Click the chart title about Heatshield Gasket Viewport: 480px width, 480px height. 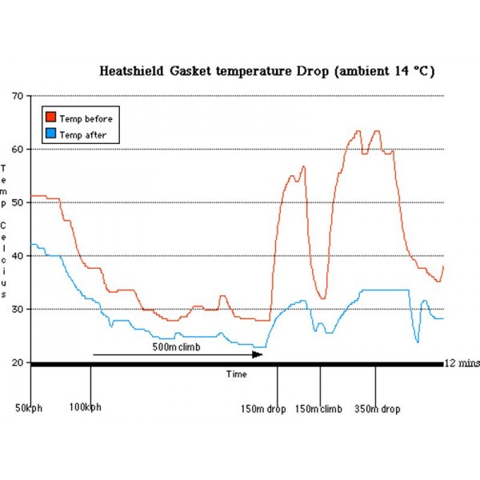tap(266, 70)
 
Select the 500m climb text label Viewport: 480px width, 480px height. tap(177, 347)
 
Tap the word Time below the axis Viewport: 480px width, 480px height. tap(236, 374)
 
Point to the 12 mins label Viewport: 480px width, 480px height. tap(460, 363)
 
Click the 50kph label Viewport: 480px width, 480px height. tap(29, 409)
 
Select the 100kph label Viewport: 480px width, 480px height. tap(86, 409)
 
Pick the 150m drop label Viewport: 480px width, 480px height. tap(263, 410)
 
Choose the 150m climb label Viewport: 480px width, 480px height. tap(318, 410)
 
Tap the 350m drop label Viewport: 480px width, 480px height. tap(377, 410)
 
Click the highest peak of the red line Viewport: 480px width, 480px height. tap(358, 131)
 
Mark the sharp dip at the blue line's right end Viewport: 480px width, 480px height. tap(417, 342)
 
